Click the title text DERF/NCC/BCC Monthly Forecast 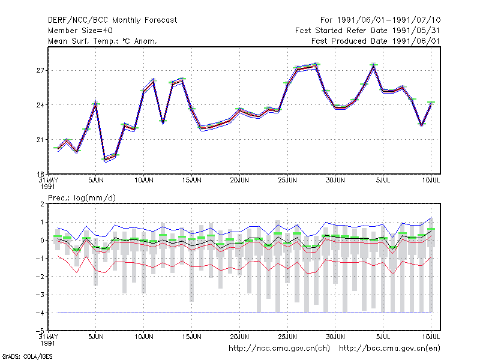coord(112,20)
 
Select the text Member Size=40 coord(80,31)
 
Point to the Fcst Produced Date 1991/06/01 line coord(376,41)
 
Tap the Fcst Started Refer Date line coord(368,31)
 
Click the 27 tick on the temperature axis coord(40,70)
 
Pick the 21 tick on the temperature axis coord(40,140)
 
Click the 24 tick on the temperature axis coord(40,105)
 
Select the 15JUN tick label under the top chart coord(191,180)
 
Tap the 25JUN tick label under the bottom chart coord(287,337)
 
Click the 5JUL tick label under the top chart coord(383,180)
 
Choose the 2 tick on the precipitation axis coord(42,204)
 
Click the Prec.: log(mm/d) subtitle coord(82,198)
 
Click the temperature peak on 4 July coord(373,65)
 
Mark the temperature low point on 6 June coord(106,160)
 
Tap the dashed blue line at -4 coord(244,313)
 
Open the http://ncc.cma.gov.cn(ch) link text coord(279,349)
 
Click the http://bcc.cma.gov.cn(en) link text coord(389,349)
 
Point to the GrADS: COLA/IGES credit coord(27,356)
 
